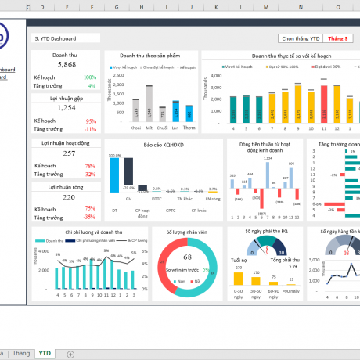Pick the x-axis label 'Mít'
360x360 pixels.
pyautogui.click(x=149, y=127)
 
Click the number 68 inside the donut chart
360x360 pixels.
pyautogui.click(x=187, y=256)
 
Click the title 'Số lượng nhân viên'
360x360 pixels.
pyautogui.click(x=187, y=232)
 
